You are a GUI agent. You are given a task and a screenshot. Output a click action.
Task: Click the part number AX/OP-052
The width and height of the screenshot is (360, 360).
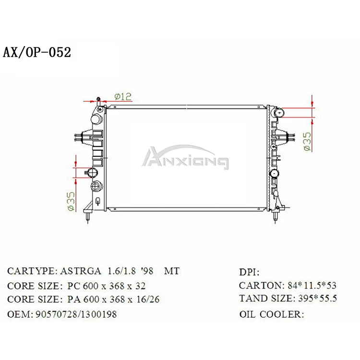[x=37, y=52]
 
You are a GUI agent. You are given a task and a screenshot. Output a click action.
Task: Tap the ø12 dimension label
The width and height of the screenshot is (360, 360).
[x=123, y=96]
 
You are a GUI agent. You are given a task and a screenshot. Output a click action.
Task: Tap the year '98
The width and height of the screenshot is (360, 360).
[x=146, y=271]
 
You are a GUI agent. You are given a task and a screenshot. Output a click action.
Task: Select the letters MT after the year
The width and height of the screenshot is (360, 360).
[x=172, y=271]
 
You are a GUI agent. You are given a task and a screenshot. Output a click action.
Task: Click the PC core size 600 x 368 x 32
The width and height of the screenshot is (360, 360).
[x=106, y=286]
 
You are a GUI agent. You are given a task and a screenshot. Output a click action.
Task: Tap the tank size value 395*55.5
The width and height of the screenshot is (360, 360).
[x=317, y=299]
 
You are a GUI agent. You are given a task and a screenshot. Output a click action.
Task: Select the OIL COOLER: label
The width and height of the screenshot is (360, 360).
[x=271, y=314]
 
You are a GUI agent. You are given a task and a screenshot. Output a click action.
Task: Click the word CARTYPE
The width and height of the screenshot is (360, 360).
[x=32, y=271]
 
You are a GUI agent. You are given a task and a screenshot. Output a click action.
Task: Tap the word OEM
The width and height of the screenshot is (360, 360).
[x=18, y=314]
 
